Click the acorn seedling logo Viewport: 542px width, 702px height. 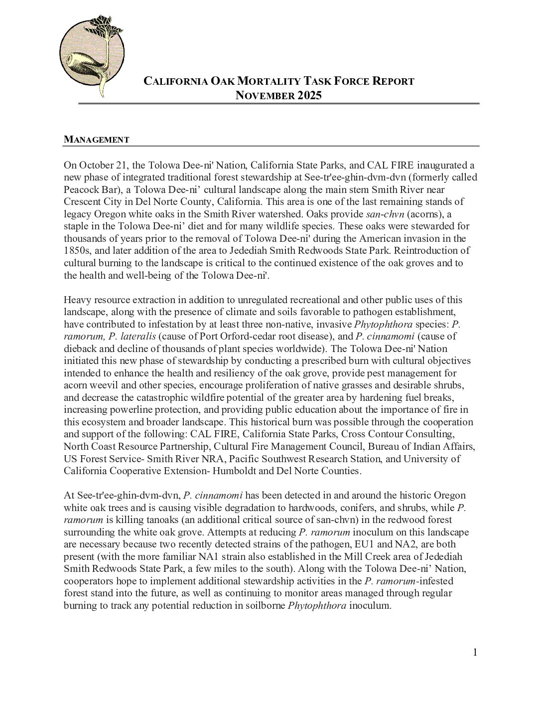tap(92, 55)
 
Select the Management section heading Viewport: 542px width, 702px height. tap(96, 140)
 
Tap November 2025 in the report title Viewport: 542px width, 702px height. tap(278, 96)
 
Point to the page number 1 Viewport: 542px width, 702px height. tap(475, 653)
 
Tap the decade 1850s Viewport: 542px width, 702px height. tap(77, 250)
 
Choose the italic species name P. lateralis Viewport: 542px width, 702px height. tap(129, 336)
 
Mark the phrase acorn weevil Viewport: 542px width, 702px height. tap(88, 385)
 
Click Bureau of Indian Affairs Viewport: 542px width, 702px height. tap(422, 446)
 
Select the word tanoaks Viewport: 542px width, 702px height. tap(153, 520)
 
